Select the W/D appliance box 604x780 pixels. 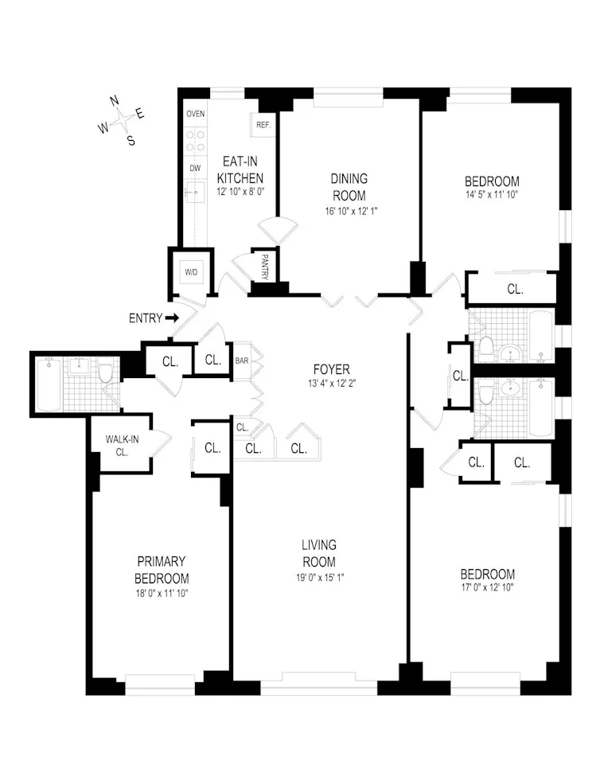coord(191,272)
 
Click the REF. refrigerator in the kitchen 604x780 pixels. coord(263,125)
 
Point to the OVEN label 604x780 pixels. coord(195,114)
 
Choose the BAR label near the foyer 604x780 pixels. coord(242,361)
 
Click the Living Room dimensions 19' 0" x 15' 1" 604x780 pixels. coord(318,577)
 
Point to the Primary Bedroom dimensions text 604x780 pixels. coord(162,594)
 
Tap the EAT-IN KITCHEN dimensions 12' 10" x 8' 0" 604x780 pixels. coord(232,193)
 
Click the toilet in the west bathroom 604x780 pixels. coord(105,372)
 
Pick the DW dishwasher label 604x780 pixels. coord(195,168)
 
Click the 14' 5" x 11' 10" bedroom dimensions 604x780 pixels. coord(493,194)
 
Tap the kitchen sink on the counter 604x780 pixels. coord(195,191)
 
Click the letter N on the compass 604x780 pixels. coord(114,101)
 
